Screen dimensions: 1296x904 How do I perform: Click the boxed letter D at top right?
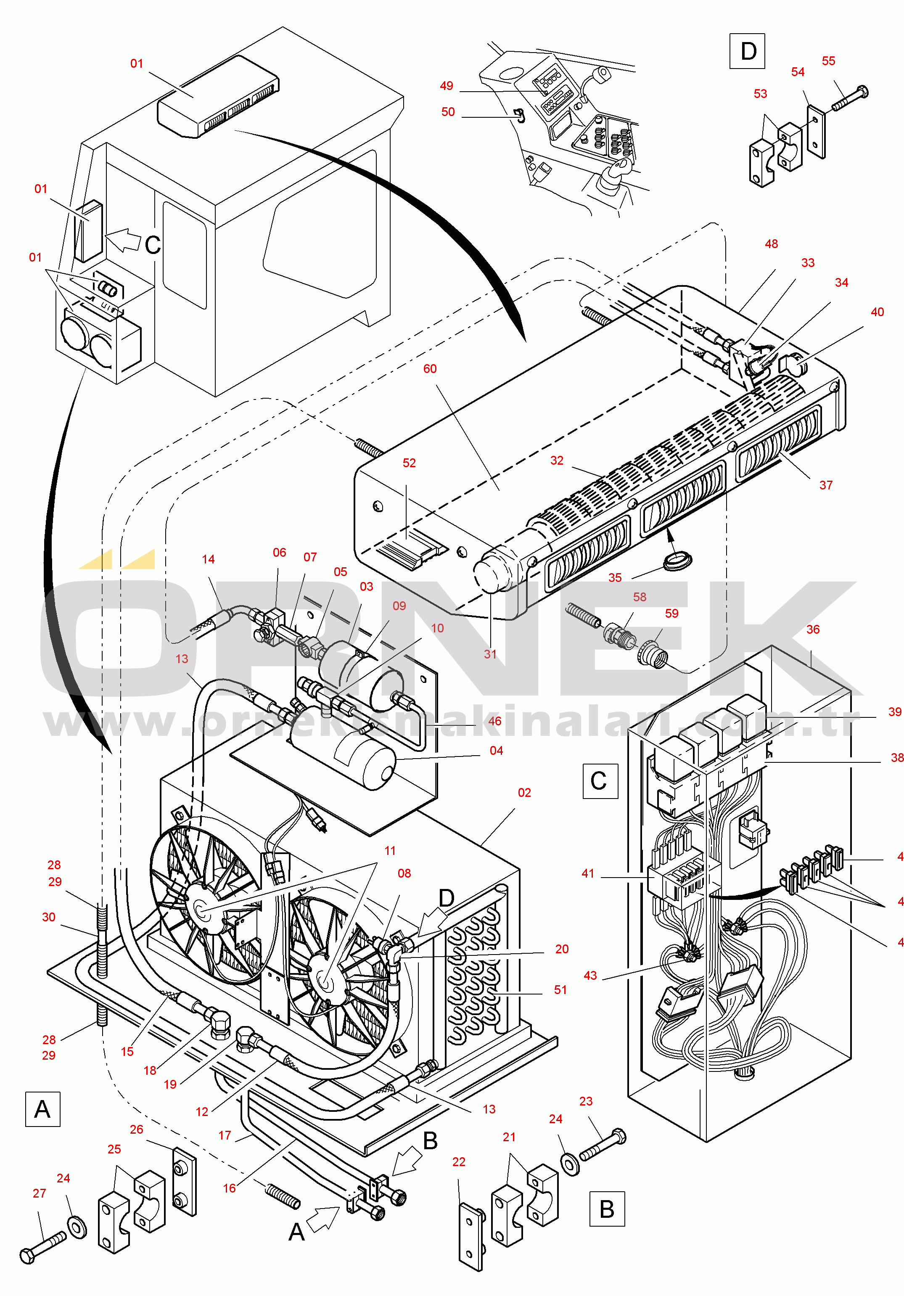click(x=747, y=51)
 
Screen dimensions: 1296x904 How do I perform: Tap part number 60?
click(x=430, y=369)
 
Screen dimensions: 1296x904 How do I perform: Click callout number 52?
click(x=409, y=463)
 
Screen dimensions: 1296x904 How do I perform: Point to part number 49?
click(x=447, y=86)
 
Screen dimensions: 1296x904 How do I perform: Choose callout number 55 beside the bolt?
click(x=828, y=61)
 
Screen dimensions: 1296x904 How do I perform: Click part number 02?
click(x=524, y=793)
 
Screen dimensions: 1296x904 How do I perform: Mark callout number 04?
click(x=496, y=751)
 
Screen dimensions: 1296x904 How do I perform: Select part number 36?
click(x=813, y=629)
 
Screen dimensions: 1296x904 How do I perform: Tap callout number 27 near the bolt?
click(x=39, y=1193)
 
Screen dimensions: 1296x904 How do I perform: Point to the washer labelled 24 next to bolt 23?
click(x=571, y=1164)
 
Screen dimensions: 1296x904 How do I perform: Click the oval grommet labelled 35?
click(x=677, y=562)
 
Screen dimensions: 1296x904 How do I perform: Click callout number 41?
click(x=588, y=873)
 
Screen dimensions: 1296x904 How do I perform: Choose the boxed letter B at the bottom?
click(x=607, y=1209)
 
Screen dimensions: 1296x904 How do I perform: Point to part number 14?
click(x=208, y=559)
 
